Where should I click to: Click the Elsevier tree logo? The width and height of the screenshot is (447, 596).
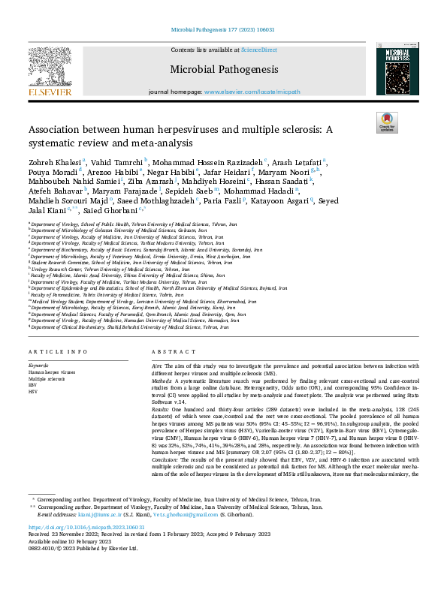pos(50,68)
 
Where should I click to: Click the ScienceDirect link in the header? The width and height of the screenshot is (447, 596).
pos(258,50)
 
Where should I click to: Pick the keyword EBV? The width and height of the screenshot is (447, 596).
pos(34,384)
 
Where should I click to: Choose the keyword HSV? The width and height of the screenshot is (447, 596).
pos(34,390)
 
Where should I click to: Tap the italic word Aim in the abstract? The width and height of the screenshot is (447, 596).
pos(156,363)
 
